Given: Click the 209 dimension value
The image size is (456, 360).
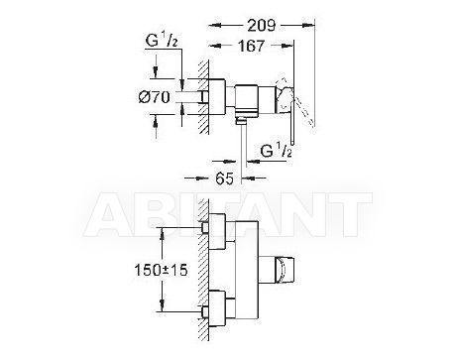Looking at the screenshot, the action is pos(262,25).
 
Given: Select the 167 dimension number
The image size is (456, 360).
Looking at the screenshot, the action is pos(251,46).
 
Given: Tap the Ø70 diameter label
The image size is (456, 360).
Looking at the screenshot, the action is pos(155,97).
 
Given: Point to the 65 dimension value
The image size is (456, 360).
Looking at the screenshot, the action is pos(224,179).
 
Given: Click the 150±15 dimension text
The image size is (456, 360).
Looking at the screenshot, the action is pos(161,270).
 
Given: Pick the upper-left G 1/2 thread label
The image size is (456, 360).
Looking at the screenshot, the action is pos(162,42).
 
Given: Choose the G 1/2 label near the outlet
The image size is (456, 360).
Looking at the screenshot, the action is pos(277,151).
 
